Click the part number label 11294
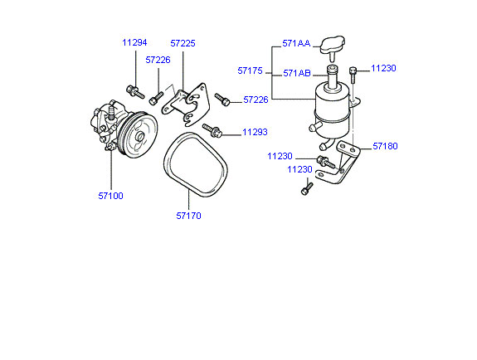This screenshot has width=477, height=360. coord(134,42)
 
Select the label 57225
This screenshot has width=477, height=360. coord(183,43)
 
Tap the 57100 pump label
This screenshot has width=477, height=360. coord(110,196)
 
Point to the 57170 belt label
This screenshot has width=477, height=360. coord(188,216)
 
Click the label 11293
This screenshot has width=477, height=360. coord(255,132)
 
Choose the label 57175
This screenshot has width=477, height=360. coord(250,71)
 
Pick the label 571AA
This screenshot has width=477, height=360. coord(296,43)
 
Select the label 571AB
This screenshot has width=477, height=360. coord(297,73)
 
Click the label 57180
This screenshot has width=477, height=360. coord(385,146)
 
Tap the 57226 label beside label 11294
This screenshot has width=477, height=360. coord(158,60)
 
